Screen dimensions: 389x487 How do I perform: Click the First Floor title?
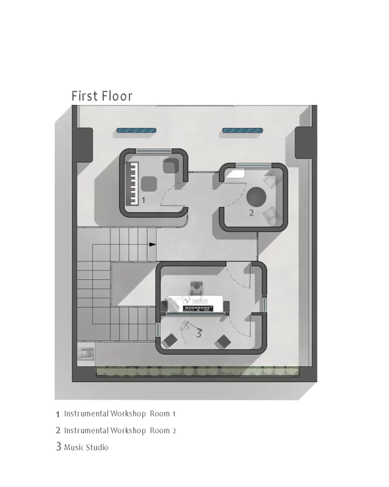pyautogui.click(x=102, y=96)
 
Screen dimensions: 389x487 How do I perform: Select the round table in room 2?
pyautogui.click(x=256, y=197)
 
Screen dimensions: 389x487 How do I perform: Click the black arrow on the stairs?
pyautogui.click(x=152, y=245)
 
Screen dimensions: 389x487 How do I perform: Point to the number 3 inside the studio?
pyautogui.click(x=199, y=333)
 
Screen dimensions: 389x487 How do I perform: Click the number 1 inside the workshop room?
pyautogui.click(x=143, y=200)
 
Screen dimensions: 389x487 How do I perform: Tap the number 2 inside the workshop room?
pyautogui.click(x=251, y=213)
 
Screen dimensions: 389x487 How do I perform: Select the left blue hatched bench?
pyautogui.click(x=136, y=131)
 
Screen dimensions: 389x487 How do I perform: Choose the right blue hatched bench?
pyautogui.click(x=243, y=131)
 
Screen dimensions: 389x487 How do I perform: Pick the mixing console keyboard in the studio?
pyautogui.click(x=198, y=308)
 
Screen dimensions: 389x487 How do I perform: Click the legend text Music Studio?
pyautogui.click(x=86, y=447)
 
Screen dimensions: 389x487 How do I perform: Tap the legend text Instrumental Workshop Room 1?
pyautogui.click(x=120, y=414)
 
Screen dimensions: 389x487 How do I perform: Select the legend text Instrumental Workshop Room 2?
pyautogui.click(x=120, y=431)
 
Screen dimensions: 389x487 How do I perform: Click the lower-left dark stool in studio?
pyautogui.click(x=170, y=340)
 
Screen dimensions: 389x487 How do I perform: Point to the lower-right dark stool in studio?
pyautogui.click(x=223, y=342)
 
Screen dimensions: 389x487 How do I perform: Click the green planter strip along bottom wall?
pyautogui.click(x=198, y=371)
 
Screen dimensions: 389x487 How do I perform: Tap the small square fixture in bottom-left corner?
pyautogui.click(x=86, y=354)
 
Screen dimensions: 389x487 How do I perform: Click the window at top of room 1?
pyautogui.click(x=153, y=151)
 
